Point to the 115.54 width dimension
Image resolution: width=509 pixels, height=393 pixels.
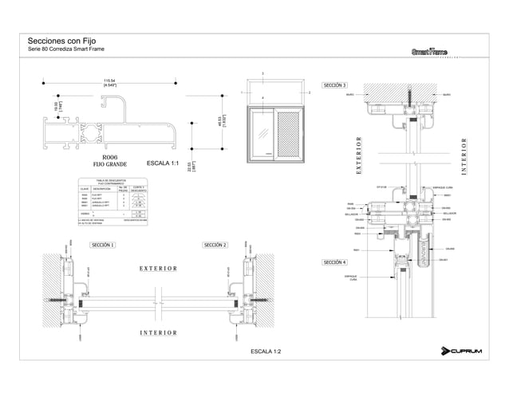tap(109, 82)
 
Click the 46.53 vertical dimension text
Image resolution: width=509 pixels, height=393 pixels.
tap(222, 120)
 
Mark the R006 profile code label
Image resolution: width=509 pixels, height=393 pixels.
tap(111, 157)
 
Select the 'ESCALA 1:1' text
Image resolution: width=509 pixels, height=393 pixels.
tap(165, 163)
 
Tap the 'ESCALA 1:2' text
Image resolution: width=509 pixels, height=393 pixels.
tap(266, 351)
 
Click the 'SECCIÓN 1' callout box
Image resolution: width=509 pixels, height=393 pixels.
tap(103, 245)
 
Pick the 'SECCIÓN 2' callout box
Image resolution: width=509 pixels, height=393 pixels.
tap(215, 245)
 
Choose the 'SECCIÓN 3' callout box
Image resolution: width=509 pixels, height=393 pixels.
tap(334, 85)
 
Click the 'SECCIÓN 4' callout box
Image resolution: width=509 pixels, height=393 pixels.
tap(334, 261)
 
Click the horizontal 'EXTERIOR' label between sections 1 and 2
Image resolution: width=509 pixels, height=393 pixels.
tap(159, 269)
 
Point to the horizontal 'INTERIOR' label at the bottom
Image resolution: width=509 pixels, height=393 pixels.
tap(159, 332)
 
